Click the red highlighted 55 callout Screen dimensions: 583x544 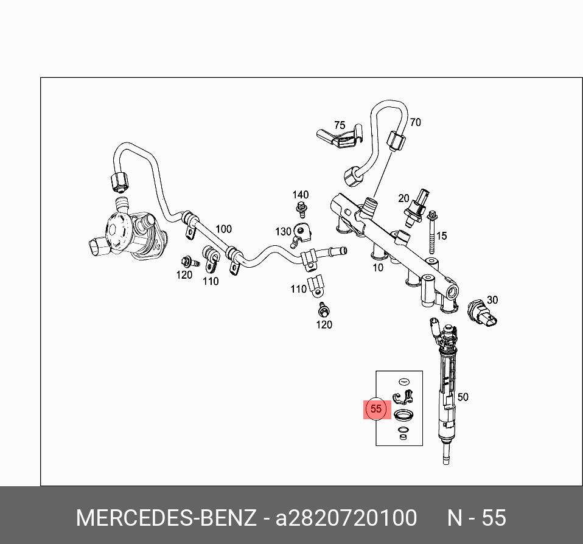point(375,409)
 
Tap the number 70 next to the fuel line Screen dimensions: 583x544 point(415,122)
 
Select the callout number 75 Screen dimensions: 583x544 point(339,126)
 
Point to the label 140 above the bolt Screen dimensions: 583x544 point(301,195)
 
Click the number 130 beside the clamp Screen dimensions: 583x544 point(283,232)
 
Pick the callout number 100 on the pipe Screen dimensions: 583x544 point(223,229)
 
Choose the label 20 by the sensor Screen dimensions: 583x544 point(403,198)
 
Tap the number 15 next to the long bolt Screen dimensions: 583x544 point(442,235)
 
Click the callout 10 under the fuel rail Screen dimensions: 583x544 point(378,267)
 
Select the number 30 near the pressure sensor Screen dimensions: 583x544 point(492,299)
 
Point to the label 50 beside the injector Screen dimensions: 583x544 point(463,397)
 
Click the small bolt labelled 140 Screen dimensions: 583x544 point(301,209)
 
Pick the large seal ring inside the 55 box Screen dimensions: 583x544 point(402,416)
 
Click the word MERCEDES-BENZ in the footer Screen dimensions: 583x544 point(166,518)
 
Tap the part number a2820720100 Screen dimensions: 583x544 point(346,518)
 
